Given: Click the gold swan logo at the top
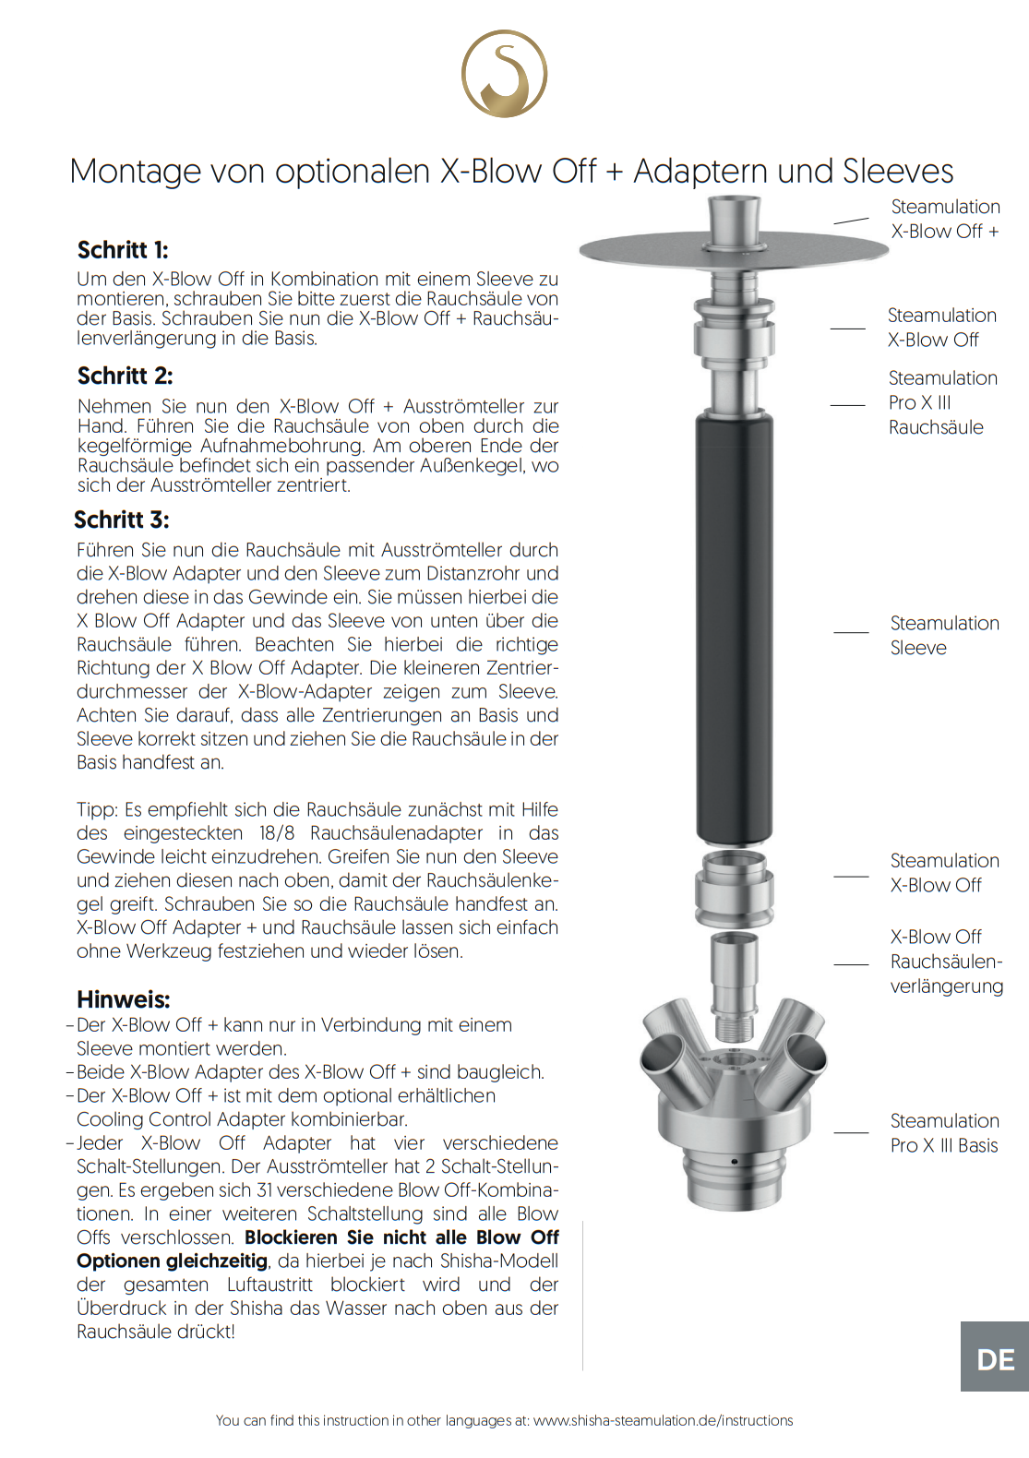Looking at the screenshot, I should [x=504, y=74].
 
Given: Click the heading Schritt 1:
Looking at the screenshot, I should [x=123, y=250].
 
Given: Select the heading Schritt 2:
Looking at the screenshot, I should [x=125, y=376].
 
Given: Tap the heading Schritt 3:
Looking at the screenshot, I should [x=122, y=520].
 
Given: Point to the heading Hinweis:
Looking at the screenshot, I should [x=124, y=999].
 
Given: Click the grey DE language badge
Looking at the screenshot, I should [x=995, y=1359].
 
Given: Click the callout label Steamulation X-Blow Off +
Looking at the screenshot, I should [x=944, y=220].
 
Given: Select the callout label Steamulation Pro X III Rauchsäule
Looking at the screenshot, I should [x=942, y=402].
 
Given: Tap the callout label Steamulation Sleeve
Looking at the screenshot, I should [x=944, y=636].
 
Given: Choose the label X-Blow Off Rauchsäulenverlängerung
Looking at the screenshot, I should [x=946, y=962].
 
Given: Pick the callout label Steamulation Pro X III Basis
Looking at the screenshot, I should [x=944, y=1133].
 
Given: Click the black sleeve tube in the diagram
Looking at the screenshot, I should [x=735, y=627].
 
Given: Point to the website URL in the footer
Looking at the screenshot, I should [x=663, y=1421].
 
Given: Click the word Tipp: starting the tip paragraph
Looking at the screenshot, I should [x=97, y=810].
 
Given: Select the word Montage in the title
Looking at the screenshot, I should [x=136, y=172].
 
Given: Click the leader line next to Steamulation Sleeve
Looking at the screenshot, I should [x=851, y=632].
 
